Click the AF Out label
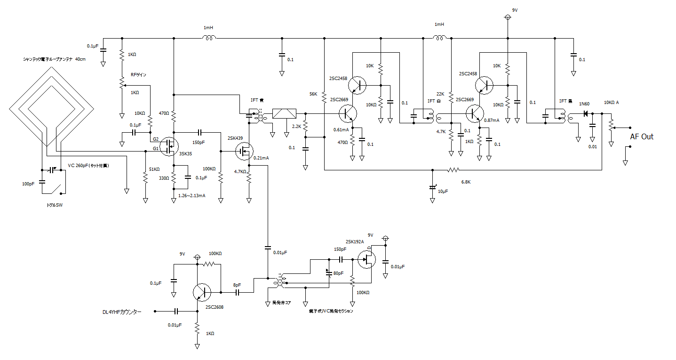click(642, 136)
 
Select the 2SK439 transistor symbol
click(244, 151)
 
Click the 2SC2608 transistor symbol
click(202, 292)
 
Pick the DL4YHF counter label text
click(122, 312)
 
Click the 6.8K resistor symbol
click(453, 170)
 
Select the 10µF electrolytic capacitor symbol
click(433, 187)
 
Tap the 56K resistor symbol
click(324, 97)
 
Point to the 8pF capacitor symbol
click(238, 292)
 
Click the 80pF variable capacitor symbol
click(328, 272)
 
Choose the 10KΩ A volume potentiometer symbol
click(611, 126)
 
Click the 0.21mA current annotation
click(261, 158)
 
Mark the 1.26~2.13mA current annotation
click(191, 195)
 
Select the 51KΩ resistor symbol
click(145, 178)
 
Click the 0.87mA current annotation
click(492, 121)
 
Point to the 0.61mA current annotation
click(341, 129)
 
